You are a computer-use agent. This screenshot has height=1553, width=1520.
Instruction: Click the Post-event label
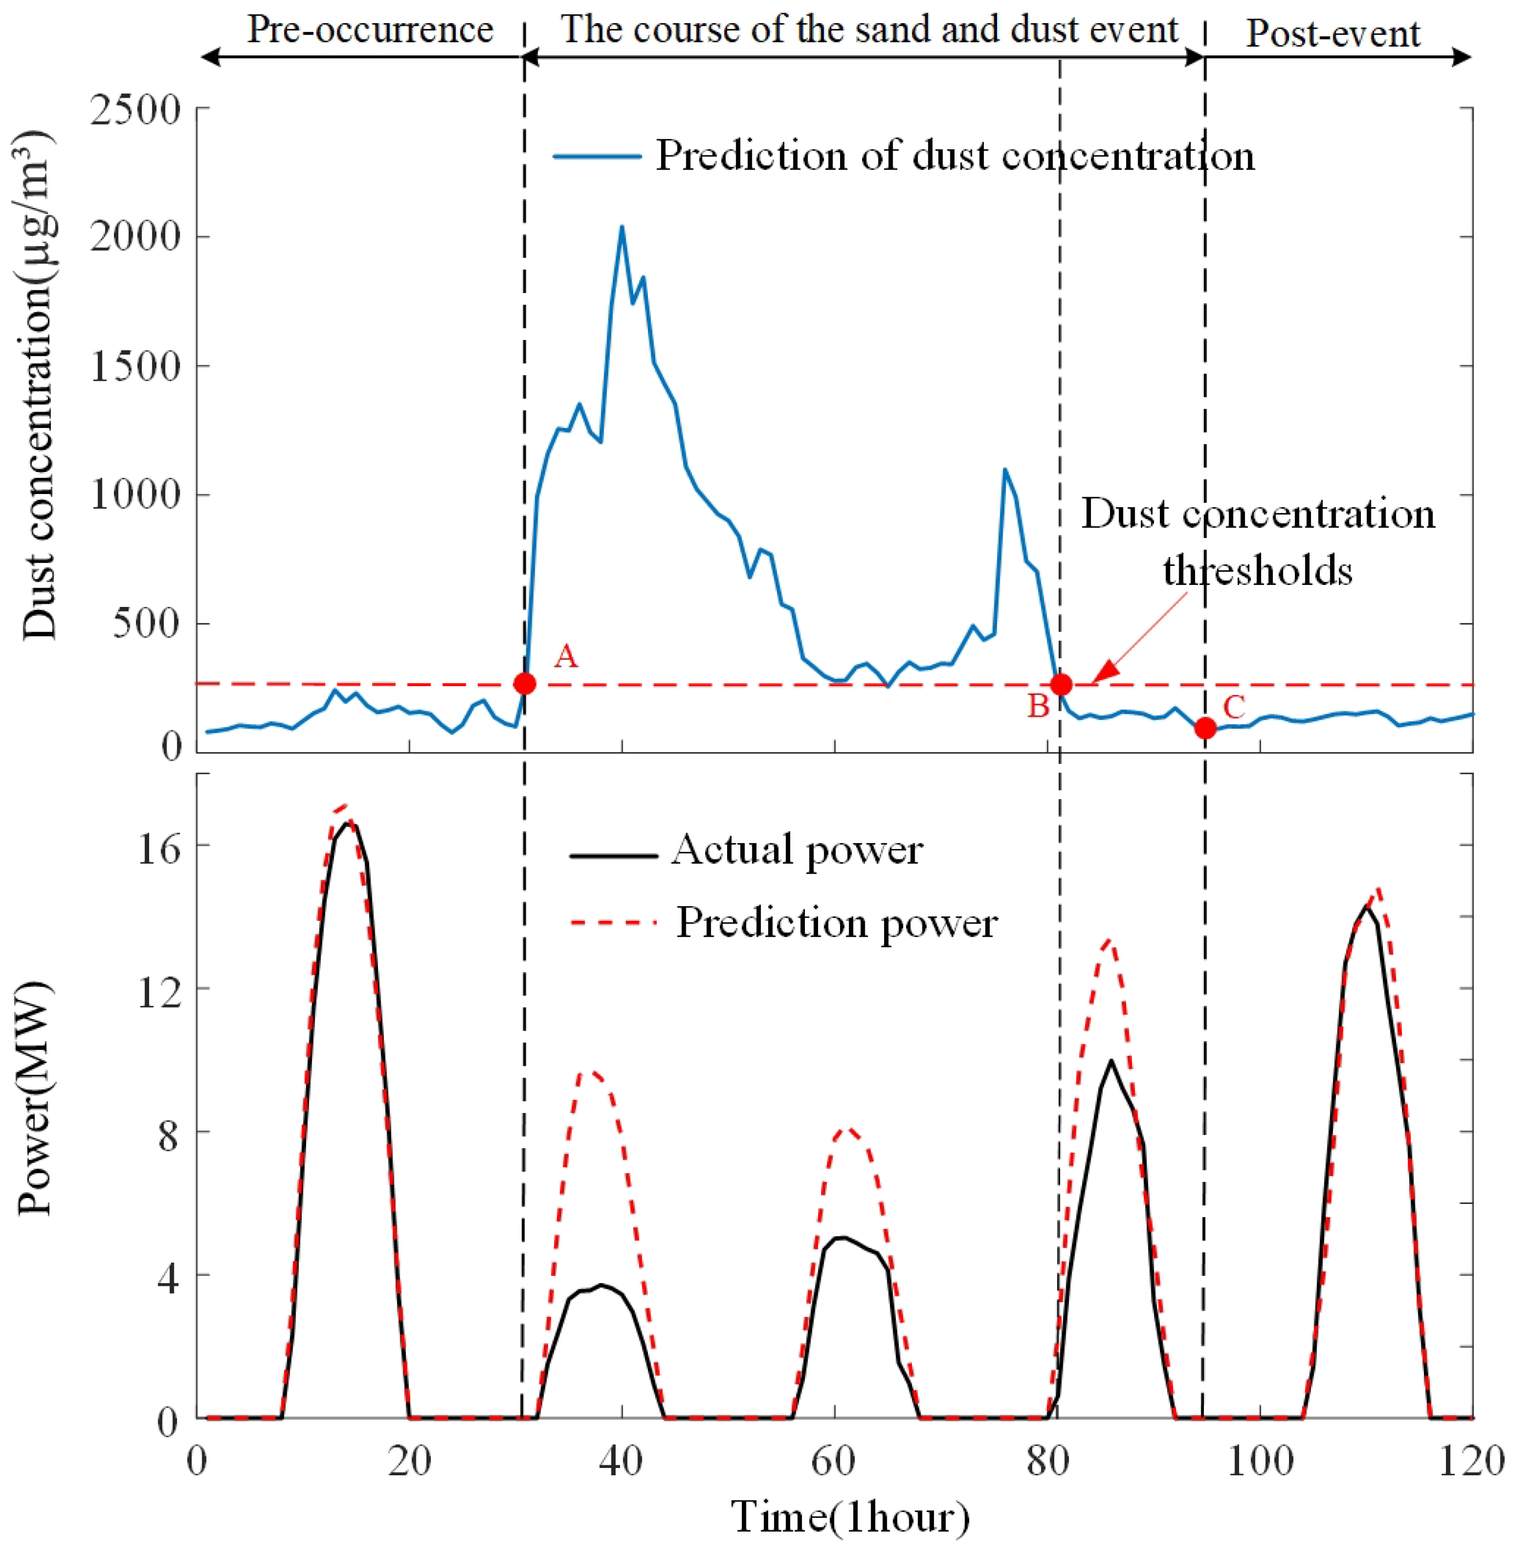point(1333,34)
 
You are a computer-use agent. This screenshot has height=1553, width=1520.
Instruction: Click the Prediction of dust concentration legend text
point(955,156)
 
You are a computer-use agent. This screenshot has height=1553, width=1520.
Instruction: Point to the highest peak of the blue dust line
point(622,227)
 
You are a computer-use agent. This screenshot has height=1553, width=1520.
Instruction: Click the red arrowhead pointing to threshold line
point(1104,674)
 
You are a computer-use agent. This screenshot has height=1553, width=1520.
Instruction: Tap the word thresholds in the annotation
point(1257,571)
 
